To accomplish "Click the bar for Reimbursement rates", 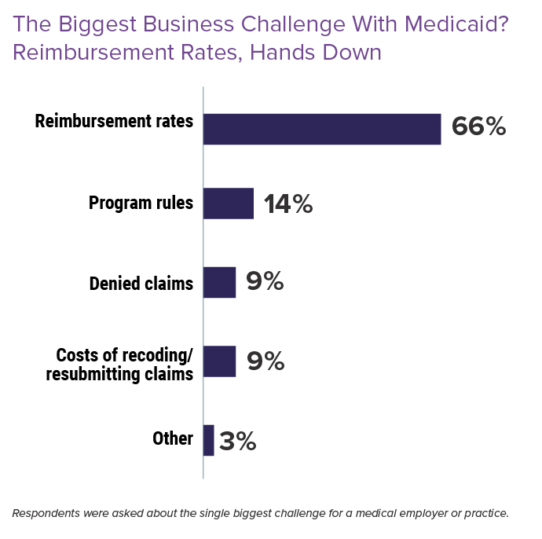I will [322, 129].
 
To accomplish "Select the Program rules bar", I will [228, 203].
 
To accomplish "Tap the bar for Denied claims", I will [219, 282].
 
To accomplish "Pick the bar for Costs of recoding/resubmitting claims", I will [219, 361].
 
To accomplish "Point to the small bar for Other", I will [208, 440].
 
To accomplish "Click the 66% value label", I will [478, 127].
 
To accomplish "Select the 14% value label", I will [287, 204].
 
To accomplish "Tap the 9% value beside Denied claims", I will [265, 282].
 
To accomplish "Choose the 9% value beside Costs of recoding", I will [265, 361].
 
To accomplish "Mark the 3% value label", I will [237, 441].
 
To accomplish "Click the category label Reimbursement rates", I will [114, 123].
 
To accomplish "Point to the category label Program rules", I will [141, 203].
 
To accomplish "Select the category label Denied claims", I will [141, 283].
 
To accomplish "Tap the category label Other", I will [173, 438].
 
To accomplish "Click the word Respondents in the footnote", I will [46, 514].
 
